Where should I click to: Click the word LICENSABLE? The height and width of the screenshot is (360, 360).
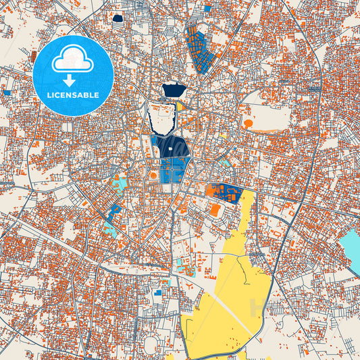tap(73, 95)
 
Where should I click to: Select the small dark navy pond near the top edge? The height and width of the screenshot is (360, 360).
tap(119, 20)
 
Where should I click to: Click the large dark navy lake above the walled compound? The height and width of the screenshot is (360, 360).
tap(174, 89)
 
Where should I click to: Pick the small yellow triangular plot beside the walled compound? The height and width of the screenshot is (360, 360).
tap(180, 106)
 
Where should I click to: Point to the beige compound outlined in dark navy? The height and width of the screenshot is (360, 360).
tap(162, 118)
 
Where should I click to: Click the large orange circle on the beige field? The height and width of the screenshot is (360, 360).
tap(249, 124)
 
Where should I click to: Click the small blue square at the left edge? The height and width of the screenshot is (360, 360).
tap(7, 93)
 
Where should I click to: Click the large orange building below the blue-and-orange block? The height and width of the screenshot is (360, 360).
tap(215, 210)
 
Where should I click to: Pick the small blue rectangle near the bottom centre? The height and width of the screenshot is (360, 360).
tap(158, 292)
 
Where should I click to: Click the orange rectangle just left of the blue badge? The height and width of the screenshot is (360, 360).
tap(34, 55)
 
